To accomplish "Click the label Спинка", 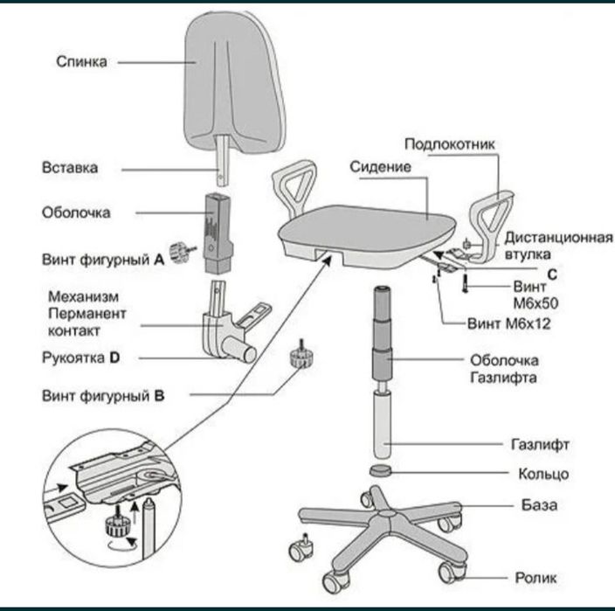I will (x=82, y=61).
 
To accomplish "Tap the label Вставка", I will (x=70, y=166).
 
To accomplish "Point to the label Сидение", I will (x=380, y=165).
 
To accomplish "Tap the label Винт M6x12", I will (x=501, y=322).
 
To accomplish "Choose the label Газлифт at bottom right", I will (x=540, y=444).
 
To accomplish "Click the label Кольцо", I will (x=543, y=474).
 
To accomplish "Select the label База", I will (x=539, y=505).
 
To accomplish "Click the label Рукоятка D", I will (x=79, y=358).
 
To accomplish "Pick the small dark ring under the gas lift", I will (x=381, y=470).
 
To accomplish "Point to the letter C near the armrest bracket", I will (x=553, y=274).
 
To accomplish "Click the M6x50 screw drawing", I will (x=465, y=285).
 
